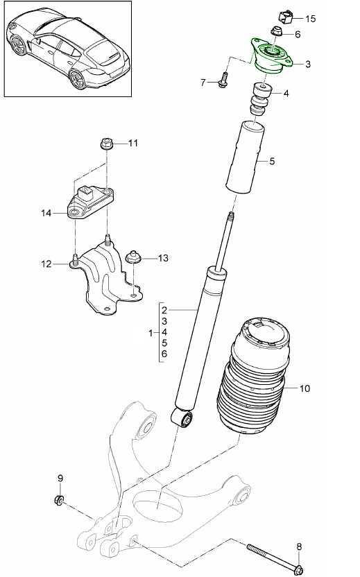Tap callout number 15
tap(310, 19)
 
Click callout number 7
tap(204, 83)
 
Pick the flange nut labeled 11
tap(108, 144)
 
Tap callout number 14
tap(46, 214)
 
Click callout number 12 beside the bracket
tap(46, 264)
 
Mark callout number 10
tap(305, 389)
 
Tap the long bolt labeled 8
tap(274, 556)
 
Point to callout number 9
tap(60, 478)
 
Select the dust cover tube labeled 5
tap(248, 158)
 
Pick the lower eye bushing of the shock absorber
tap(185, 418)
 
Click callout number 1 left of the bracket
tap(151, 334)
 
